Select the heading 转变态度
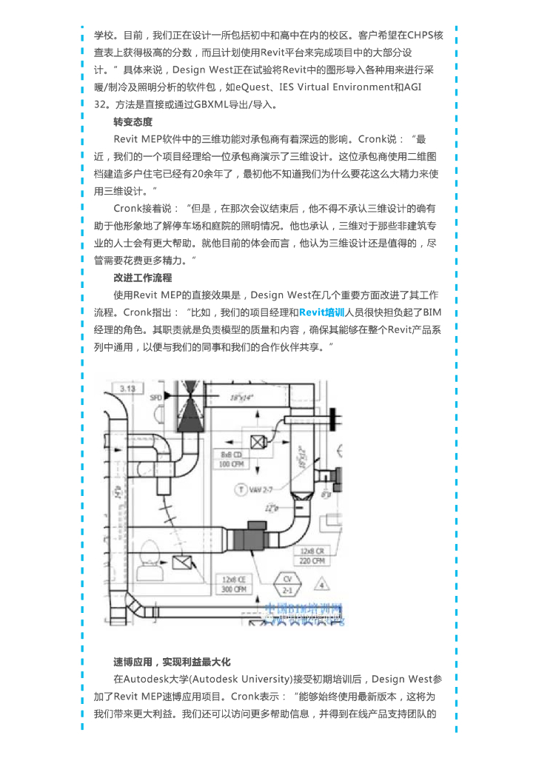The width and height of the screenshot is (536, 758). click(133, 121)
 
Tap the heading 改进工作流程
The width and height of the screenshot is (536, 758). click(142, 278)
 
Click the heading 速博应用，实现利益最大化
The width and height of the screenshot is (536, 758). click(172, 661)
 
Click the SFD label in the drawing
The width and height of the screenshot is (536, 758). click(156, 398)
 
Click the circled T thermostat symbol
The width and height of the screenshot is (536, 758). click(241, 489)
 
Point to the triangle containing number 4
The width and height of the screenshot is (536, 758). click(321, 586)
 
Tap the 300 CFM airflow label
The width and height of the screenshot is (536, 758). click(234, 589)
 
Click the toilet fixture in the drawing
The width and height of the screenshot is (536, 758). click(146, 549)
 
